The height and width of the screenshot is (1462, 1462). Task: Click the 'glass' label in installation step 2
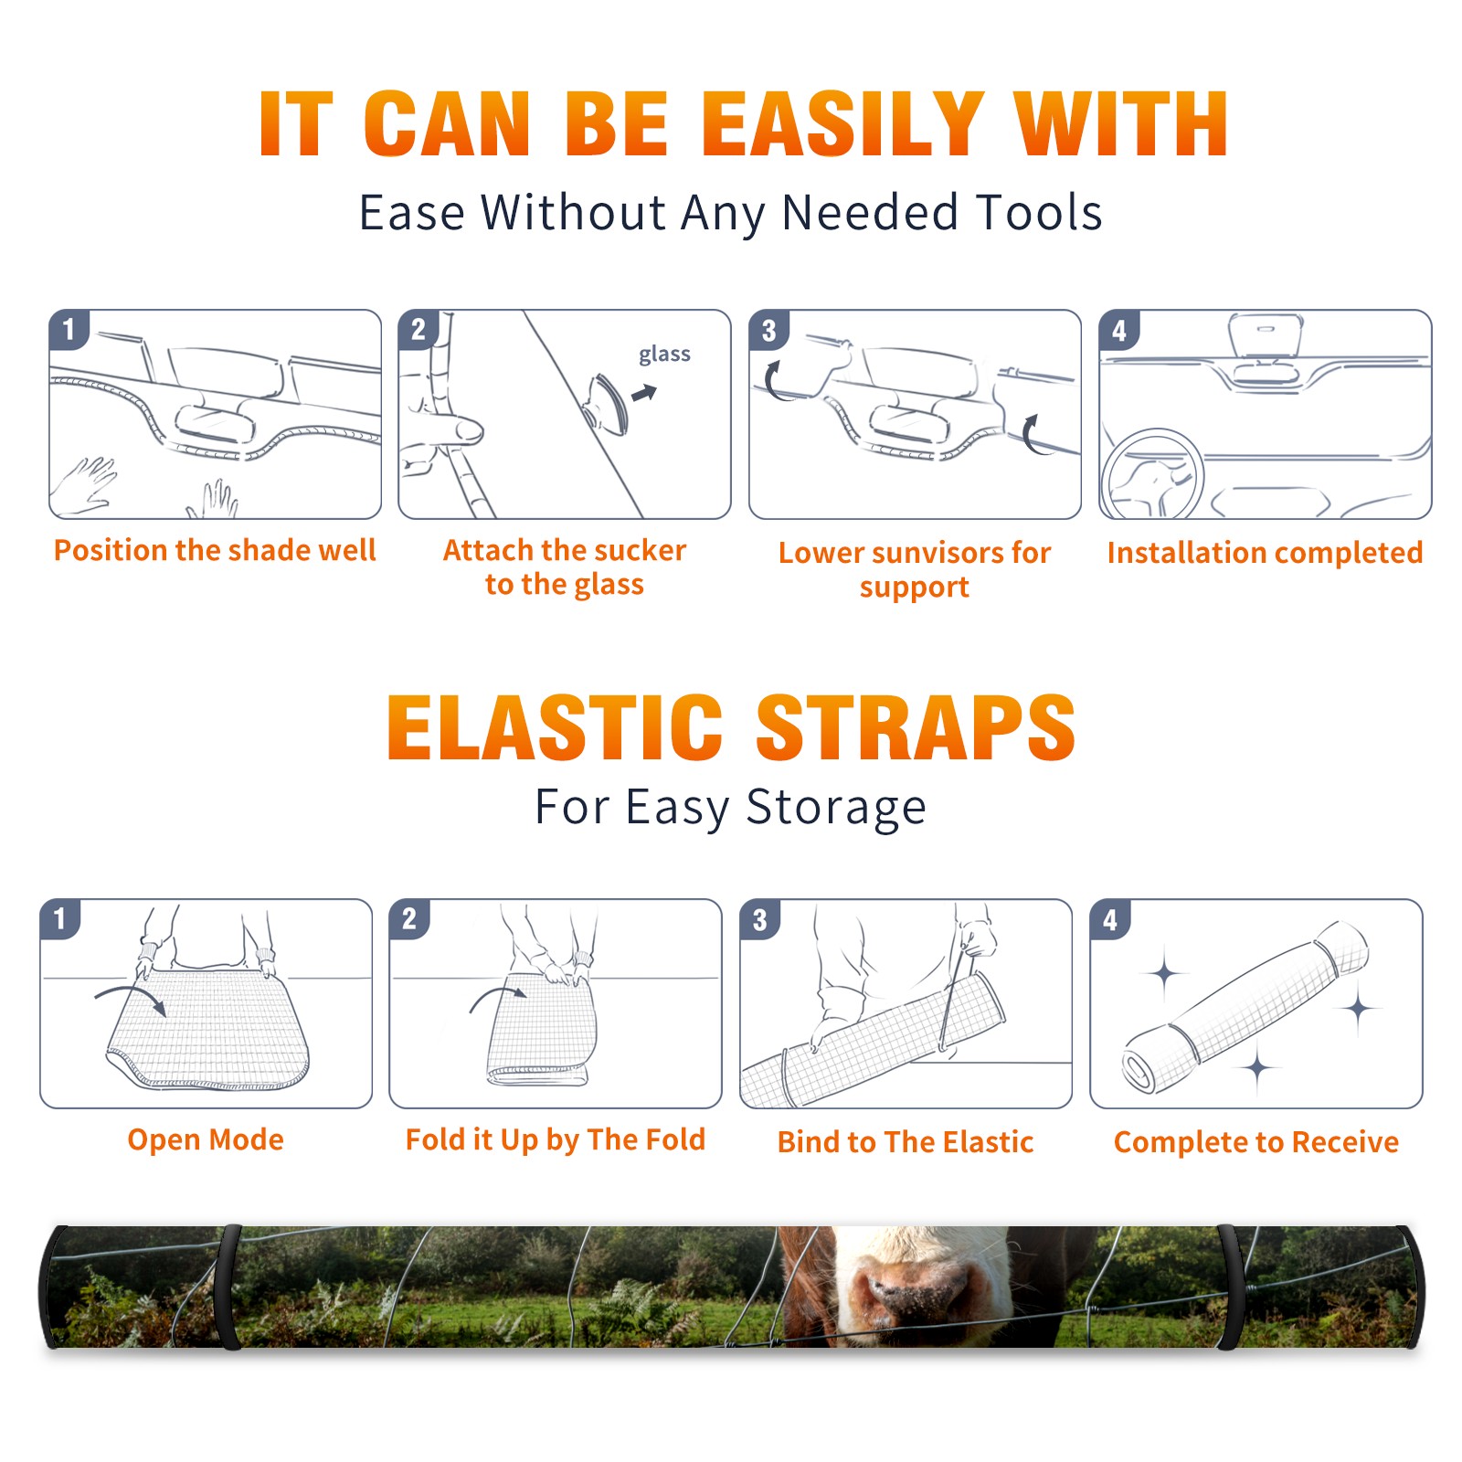[x=664, y=355]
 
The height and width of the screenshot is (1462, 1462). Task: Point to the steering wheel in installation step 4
[x=1151, y=473]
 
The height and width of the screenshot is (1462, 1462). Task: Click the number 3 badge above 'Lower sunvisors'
[x=769, y=330]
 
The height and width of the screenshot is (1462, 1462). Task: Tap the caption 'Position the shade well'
[x=215, y=550]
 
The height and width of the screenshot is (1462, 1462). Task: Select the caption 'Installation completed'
[x=1265, y=552]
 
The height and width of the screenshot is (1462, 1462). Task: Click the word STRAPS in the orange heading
[x=916, y=727]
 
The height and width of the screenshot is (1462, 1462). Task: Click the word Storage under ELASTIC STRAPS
[x=836, y=808]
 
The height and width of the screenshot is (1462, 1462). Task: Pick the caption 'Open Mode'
[x=206, y=1139]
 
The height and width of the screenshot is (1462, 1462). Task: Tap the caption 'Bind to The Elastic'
[x=905, y=1141]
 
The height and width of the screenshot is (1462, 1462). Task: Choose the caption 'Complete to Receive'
[x=1255, y=1141]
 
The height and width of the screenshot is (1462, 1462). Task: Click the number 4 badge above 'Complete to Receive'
[x=1110, y=919]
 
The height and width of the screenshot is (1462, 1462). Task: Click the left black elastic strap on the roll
[x=229, y=1287]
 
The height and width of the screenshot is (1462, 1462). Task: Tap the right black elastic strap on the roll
[x=1230, y=1287]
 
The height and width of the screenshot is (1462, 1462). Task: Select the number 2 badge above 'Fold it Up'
[x=409, y=919]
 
